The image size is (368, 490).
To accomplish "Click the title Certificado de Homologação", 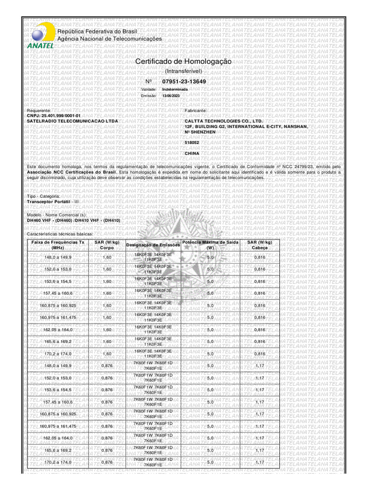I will click(184, 62).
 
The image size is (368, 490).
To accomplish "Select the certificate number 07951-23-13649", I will click(184, 82).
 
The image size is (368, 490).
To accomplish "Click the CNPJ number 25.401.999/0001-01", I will click(54, 116).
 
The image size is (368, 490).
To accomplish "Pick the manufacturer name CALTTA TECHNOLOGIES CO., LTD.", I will click(224, 122).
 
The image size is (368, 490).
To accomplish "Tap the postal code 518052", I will click(192, 143).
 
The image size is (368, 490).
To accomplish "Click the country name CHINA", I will click(192, 153).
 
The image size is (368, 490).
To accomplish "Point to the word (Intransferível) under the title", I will click(184, 71).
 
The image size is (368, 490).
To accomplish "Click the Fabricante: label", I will click(196, 111).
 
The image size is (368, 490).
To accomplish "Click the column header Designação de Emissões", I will click(153, 245).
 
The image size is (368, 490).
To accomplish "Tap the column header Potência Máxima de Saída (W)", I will click(210, 245).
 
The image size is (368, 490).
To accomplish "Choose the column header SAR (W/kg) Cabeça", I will click(260, 245).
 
